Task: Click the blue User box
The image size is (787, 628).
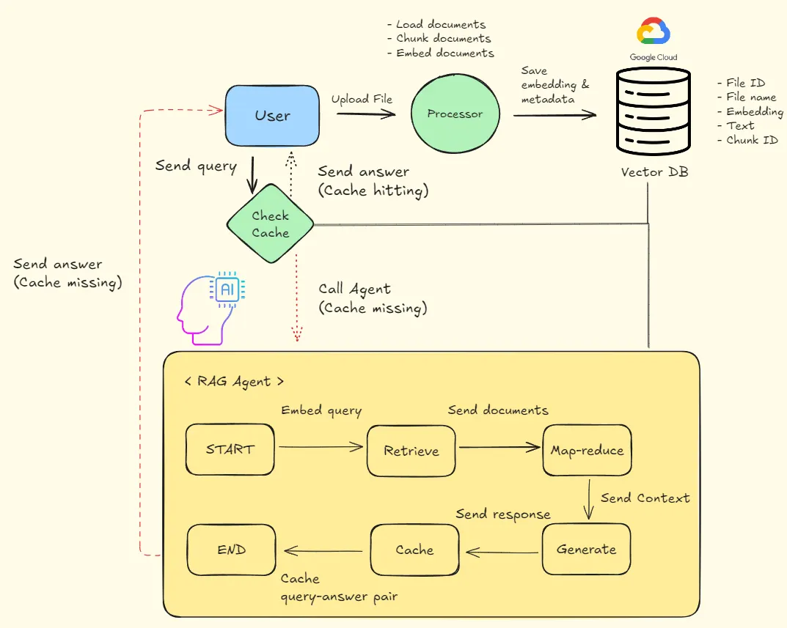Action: tap(272, 115)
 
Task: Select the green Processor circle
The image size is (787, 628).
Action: tap(455, 114)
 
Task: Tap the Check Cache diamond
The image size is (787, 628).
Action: tap(271, 224)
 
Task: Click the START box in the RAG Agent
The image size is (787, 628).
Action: tap(230, 448)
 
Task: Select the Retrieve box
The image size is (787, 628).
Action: tap(411, 450)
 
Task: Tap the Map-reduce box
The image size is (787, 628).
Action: tap(587, 449)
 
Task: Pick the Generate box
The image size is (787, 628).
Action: tap(586, 549)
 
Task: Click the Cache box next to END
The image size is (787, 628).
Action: tap(414, 550)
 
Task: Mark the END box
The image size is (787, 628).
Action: tap(232, 550)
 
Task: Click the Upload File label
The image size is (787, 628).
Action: tap(362, 99)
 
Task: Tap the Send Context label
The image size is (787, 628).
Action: tap(645, 498)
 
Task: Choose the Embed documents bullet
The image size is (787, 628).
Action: tap(440, 53)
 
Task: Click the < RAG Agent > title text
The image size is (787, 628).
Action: tap(234, 382)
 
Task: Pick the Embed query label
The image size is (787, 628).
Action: tap(321, 410)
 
